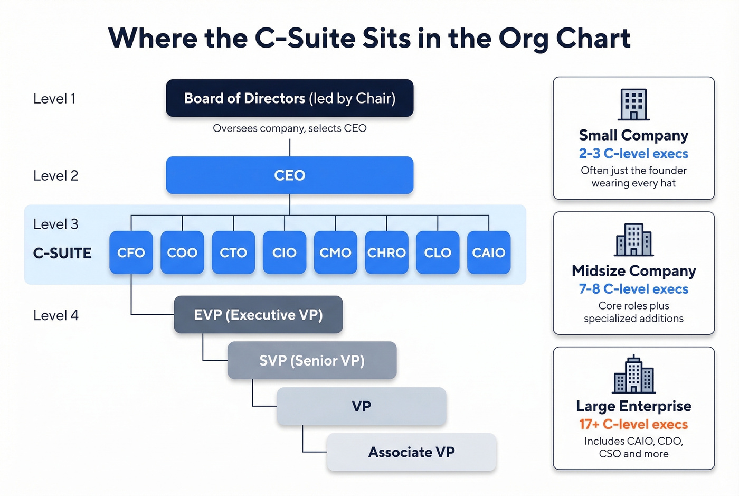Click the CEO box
(289, 175)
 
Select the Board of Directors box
(289, 98)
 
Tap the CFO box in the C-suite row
(131, 252)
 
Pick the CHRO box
(386, 252)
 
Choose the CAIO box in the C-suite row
(489, 252)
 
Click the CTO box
(233, 252)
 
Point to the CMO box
(335, 252)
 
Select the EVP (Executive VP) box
(258, 315)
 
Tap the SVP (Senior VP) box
(312, 360)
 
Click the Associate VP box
(411, 452)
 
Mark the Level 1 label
(54, 99)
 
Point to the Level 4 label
(56, 315)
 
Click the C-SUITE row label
(62, 254)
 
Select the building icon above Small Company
(633, 105)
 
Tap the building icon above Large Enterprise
(633, 375)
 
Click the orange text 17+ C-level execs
(633, 424)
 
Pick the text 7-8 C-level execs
(633, 289)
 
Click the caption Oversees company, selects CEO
(289, 128)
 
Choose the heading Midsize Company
(633, 271)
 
